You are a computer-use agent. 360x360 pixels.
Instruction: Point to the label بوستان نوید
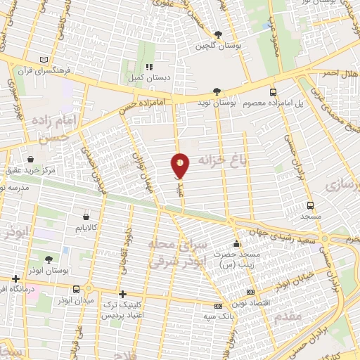[236, 102]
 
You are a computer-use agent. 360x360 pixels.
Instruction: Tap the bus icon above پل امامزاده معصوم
[274, 91]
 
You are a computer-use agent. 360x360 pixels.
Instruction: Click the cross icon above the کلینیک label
[123, 294]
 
